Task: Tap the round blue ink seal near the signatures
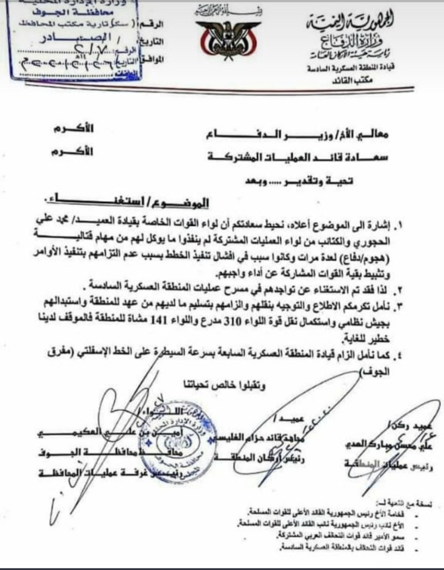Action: pyautogui.click(x=180, y=444)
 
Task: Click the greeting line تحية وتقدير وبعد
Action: pyautogui.click(x=300, y=181)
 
